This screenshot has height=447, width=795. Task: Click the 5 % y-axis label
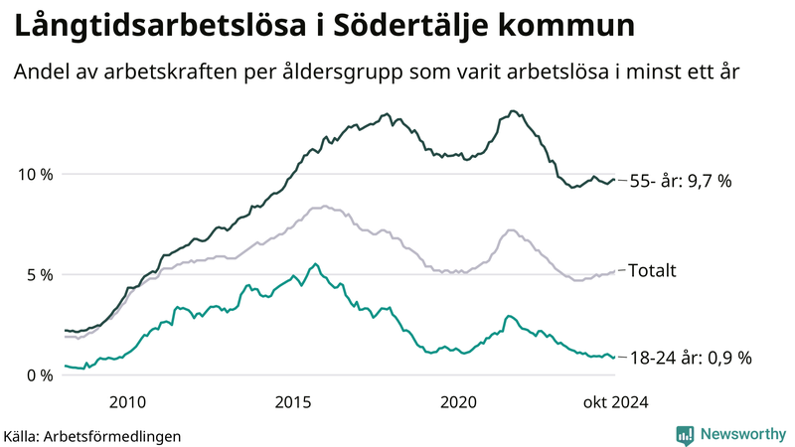[x=39, y=274]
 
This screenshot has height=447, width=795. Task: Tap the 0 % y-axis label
[x=39, y=374]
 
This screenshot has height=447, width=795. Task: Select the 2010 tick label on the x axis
[x=128, y=401]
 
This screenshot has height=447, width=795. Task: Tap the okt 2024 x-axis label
[x=616, y=401]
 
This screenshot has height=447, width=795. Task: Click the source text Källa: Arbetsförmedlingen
[x=92, y=436]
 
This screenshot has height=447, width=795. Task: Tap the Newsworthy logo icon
[x=685, y=434]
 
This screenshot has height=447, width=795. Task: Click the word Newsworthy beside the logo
[x=742, y=434]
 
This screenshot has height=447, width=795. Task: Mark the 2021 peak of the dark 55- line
[x=512, y=111]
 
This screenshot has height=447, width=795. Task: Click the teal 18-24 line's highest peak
[x=316, y=264]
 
